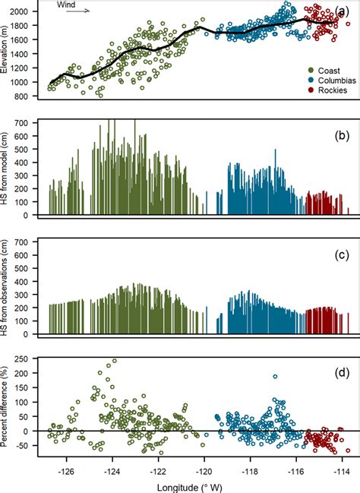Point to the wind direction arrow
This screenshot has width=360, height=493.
pyautogui.click(x=79, y=12)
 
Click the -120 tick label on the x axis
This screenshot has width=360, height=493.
pyautogui.click(x=204, y=471)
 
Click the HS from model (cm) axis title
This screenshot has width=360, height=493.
pyautogui.click(x=7, y=168)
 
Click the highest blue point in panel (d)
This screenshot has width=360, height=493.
pyautogui.click(x=275, y=376)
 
